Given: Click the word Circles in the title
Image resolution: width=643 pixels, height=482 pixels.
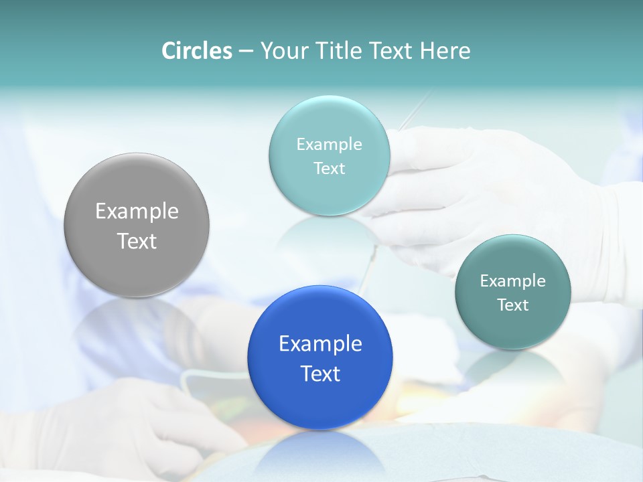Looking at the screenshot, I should tap(196, 51).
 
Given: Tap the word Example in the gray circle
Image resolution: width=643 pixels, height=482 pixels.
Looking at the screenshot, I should tap(137, 212).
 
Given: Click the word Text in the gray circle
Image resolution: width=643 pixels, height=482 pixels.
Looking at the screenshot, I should tap(137, 241).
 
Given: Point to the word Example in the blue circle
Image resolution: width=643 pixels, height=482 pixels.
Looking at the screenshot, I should tap(320, 344).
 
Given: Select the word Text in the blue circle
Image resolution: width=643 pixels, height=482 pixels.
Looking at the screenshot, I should tap(320, 374).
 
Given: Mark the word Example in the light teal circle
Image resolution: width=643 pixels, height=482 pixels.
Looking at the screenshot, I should tap(329, 144).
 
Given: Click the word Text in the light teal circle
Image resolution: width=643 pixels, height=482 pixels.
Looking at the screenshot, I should tap(329, 168).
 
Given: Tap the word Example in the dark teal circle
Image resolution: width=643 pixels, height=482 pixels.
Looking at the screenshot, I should tap(513, 281).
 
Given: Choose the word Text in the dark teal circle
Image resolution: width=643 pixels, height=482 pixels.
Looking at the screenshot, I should tap(513, 305).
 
